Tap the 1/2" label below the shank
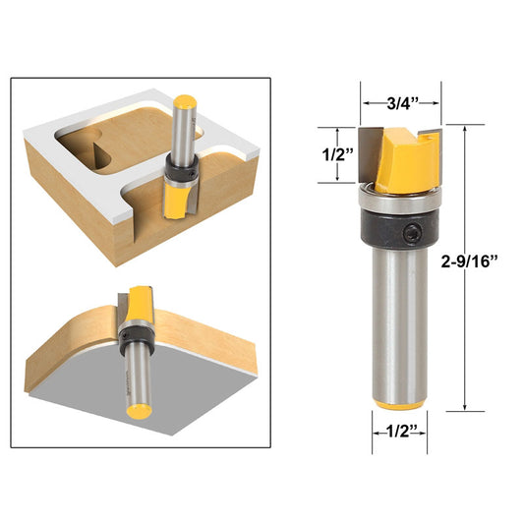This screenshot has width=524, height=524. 398,432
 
